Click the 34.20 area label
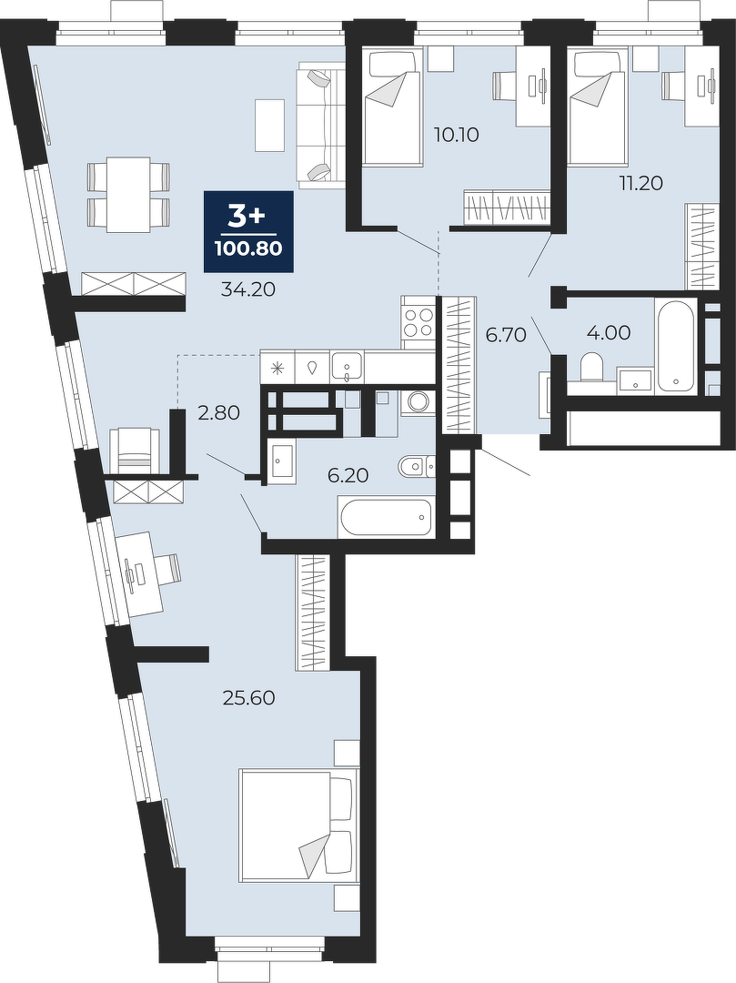click(248, 289)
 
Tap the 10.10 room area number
click(457, 134)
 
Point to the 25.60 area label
click(249, 698)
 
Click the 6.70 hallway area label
click(506, 335)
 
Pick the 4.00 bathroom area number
click(609, 332)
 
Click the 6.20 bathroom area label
click(348, 476)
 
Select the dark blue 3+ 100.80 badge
click(248, 232)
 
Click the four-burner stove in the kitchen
click(418, 322)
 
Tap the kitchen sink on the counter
click(347, 366)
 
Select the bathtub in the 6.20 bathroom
click(386, 517)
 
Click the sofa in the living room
click(321, 124)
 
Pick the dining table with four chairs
click(128, 195)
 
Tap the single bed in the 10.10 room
click(391, 108)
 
